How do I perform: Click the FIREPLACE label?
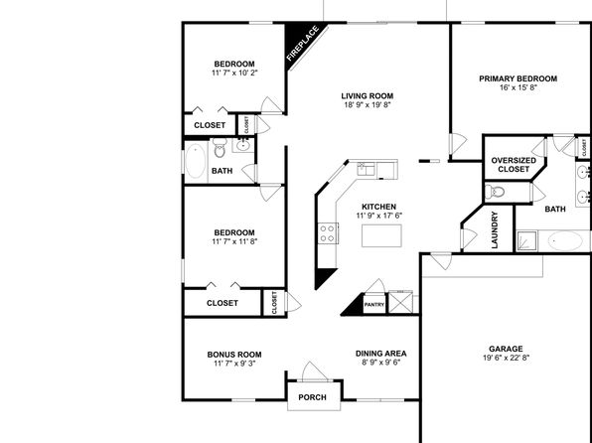[x=303, y=43]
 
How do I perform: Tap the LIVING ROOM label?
[x=368, y=96]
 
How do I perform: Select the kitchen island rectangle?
[x=381, y=235]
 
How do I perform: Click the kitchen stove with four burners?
[x=328, y=233]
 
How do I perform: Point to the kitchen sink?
[x=366, y=169]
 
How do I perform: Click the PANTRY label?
[x=374, y=304]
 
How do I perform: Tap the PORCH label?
[x=312, y=397]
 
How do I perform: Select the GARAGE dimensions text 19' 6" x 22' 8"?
[x=506, y=358]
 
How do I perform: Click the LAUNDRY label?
[x=495, y=229]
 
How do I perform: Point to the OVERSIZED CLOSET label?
[x=514, y=165]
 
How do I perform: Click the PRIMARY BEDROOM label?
[x=518, y=78]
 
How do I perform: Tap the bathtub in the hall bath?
[x=196, y=161]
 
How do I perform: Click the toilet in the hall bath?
[x=220, y=148]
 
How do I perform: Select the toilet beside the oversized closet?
[x=495, y=192]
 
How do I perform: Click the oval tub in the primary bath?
[x=565, y=240]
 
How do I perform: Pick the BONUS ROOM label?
[x=234, y=355]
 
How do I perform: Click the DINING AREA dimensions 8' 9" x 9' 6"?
[x=380, y=363]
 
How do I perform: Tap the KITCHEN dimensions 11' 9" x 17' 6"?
[x=379, y=216]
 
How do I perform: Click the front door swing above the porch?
[x=314, y=371]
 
